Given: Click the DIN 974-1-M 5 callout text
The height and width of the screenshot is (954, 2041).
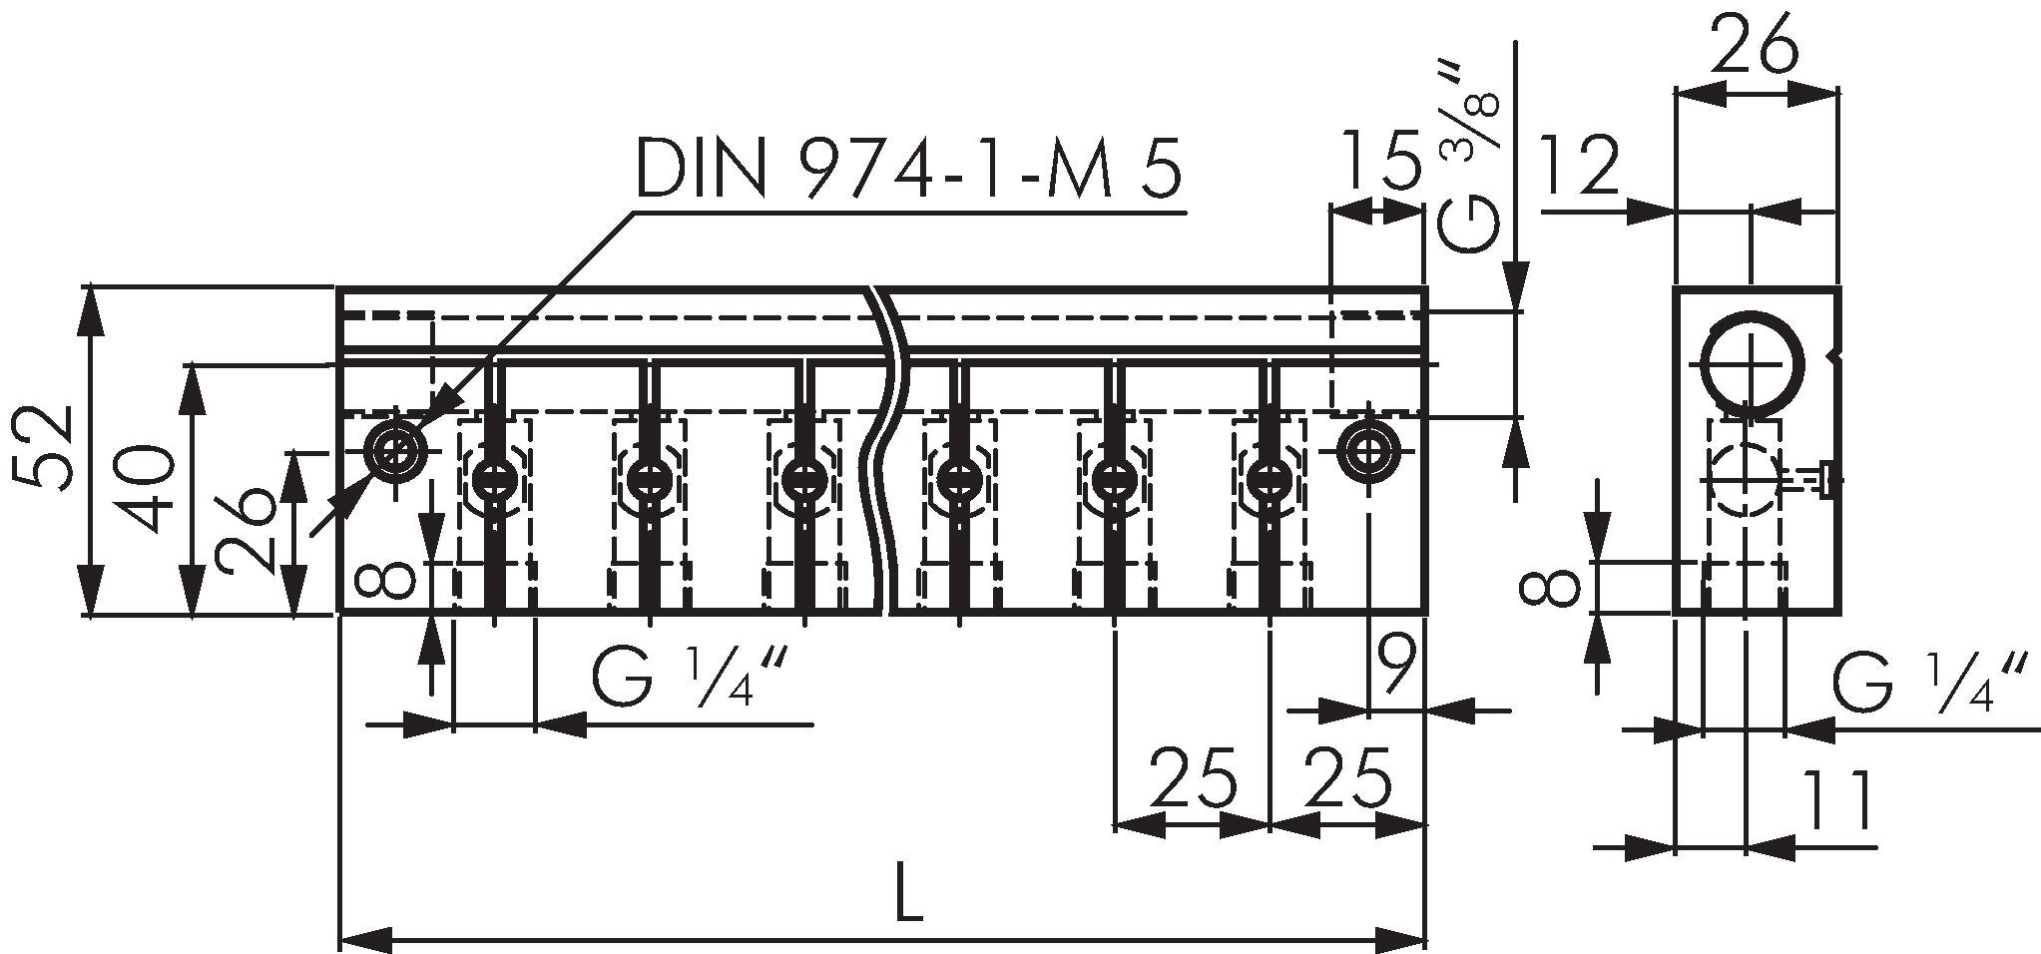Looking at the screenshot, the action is click(908, 166).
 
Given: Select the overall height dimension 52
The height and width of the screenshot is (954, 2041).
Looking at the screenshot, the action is click(42, 447).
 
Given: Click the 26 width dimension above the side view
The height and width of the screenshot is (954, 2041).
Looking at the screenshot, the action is click(1754, 45).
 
